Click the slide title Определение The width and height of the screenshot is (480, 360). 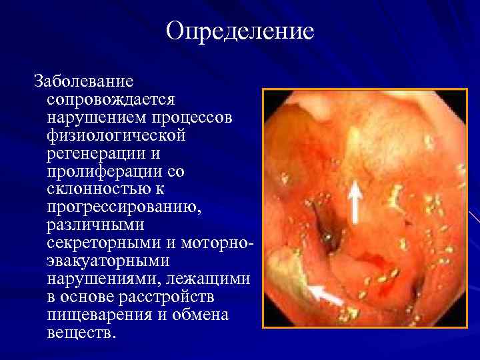coord(240,31)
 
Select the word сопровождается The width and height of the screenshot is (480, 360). coord(111,100)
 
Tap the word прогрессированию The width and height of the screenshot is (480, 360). coord(123,207)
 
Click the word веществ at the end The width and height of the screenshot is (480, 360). coord(79,332)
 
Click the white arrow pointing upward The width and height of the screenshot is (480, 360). coord(355,203)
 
